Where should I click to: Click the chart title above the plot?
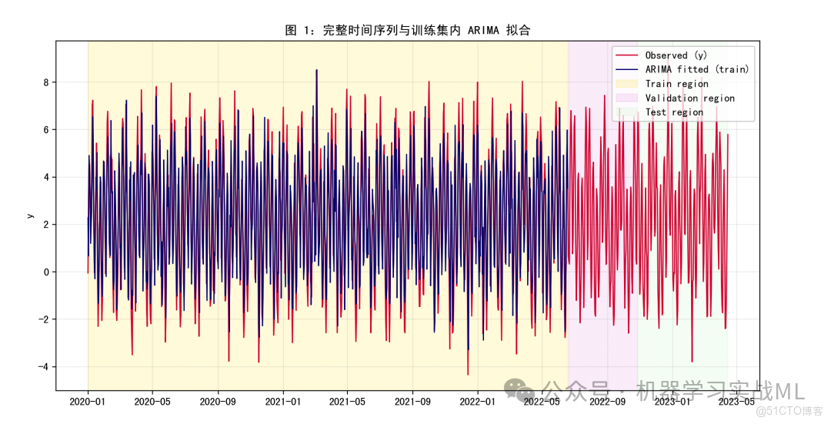(408, 30)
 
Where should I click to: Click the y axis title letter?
(30, 215)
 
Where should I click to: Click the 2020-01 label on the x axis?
(88, 402)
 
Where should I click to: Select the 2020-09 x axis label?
(218, 402)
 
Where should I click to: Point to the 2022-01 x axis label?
(478, 402)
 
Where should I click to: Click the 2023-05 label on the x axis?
(736, 402)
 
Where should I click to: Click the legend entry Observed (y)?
(676, 55)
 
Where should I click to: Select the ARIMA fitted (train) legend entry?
(696, 69)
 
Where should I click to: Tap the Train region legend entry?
(676, 84)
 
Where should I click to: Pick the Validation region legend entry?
(689, 98)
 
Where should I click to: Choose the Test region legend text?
(674, 112)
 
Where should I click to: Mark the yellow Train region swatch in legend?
(627, 84)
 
